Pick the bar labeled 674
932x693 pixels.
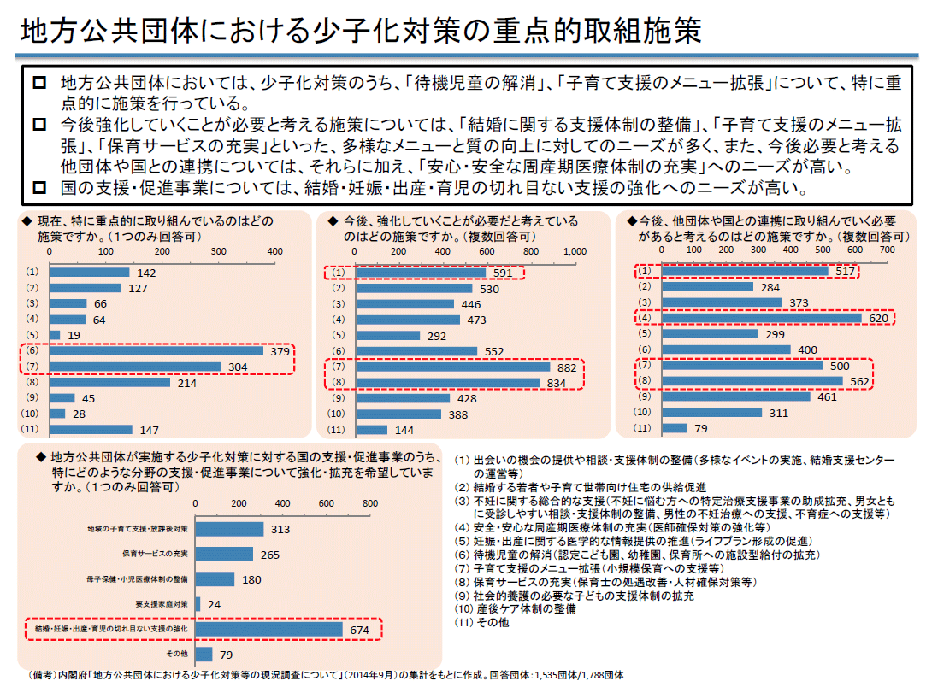tap(270, 629)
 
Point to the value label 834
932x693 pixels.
tap(556, 383)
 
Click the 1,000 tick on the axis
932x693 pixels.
tap(574, 251)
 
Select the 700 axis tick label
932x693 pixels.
tap(887, 250)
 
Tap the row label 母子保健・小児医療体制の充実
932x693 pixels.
tap(138, 579)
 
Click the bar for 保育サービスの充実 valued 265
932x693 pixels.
tap(225, 555)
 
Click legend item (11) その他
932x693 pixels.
tap(481, 624)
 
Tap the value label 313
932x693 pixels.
tap(280, 530)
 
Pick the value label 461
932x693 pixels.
tap(826, 397)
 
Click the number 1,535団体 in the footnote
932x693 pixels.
tap(555, 675)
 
